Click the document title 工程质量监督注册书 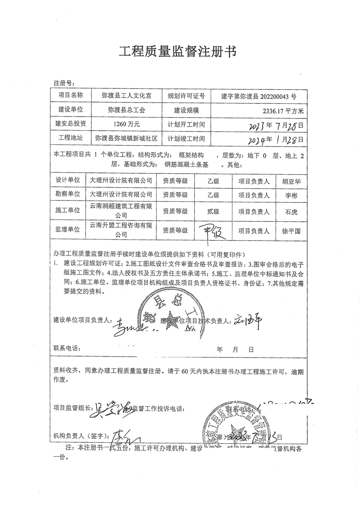177,51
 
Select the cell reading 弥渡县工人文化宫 120,96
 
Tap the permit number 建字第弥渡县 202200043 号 258,96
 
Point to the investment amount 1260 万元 120,124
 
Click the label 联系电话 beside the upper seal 66,349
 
